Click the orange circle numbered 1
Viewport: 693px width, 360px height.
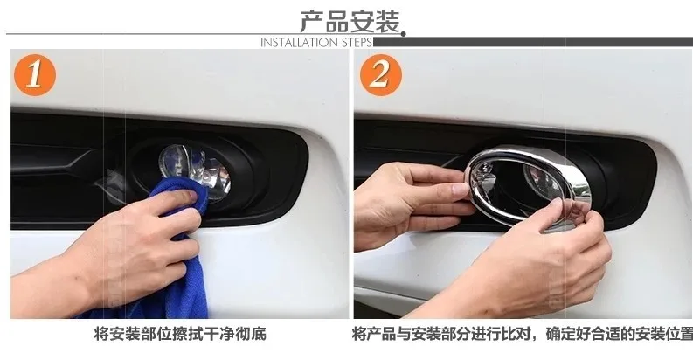(35, 74)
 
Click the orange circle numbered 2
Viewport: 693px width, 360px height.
(380, 74)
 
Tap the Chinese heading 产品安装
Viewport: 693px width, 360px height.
(350, 22)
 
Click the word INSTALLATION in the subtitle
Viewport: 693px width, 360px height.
(300, 43)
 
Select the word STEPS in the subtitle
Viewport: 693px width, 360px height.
(357, 43)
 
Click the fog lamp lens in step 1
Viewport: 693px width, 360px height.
(195, 170)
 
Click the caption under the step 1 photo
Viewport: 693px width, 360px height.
(180, 334)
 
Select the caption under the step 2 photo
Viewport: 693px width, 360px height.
(523, 334)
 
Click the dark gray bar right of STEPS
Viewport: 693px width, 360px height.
(532, 42)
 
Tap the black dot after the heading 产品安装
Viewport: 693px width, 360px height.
(403, 33)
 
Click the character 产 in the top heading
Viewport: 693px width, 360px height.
(312, 22)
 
